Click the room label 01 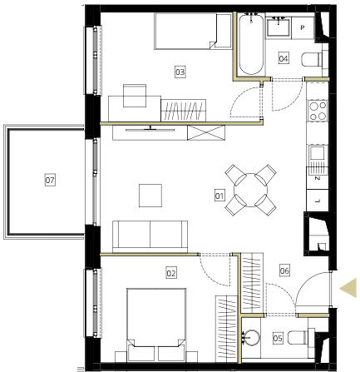tap(219, 196)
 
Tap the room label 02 tap(171, 273)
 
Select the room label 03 tap(180, 72)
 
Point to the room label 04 tap(284, 58)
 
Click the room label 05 tap(278, 338)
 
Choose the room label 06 tap(284, 270)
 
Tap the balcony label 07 tap(50, 180)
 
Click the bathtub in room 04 tap(251, 44)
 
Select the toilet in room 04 tap(312, 59)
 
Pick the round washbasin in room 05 tap(251, 338)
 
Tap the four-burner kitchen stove tap(318, 111)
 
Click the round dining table tap(250, 191)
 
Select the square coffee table tap(150, 196)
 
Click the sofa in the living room tap(150, 236)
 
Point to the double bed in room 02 tap(156, 325)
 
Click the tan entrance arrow tap(348, 288)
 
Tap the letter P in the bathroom tap(303, 27)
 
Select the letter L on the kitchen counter tap(318, 201)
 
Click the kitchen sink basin tap(318, 152)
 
